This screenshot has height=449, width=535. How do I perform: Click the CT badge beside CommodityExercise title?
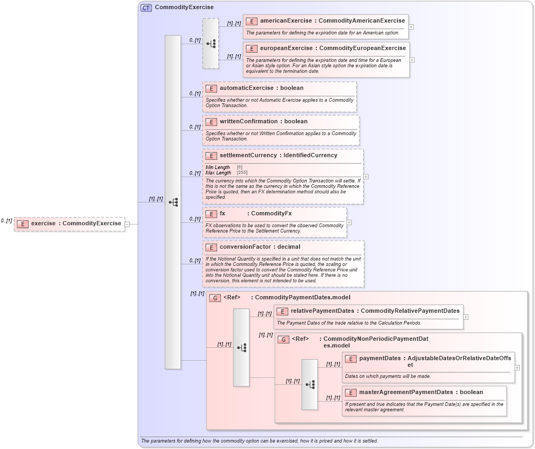coord(146,8)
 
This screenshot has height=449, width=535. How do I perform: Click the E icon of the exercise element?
coord(22,224)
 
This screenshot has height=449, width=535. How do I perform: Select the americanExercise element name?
coord(286,21)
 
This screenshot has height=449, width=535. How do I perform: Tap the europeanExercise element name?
coord(287,48)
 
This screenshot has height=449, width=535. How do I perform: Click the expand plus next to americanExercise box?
coord(412,26)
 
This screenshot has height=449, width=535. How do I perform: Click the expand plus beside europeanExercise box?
coord(412,60)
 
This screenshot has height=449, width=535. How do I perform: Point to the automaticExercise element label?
coord(247,88)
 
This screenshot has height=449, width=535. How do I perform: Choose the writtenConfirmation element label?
coord(248,122)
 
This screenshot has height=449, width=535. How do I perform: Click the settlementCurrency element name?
coord(248,156)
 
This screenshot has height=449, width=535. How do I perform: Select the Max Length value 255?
coord(242,173)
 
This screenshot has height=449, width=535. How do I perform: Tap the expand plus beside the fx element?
coord(349,222)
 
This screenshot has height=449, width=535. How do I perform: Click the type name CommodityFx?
coord(272,214)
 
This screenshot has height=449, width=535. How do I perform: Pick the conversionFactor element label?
coord(245,247)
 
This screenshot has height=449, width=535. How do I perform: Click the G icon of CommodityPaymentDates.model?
coord(215,298)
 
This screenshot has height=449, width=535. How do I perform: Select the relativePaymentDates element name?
coord(322,311)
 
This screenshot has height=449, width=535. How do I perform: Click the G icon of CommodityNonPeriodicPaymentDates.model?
coord(283,339)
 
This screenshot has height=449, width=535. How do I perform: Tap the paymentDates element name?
coord(380,359)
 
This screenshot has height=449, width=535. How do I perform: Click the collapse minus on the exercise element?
coord(127,224)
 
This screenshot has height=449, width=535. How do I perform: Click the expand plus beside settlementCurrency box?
coord(366,176)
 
